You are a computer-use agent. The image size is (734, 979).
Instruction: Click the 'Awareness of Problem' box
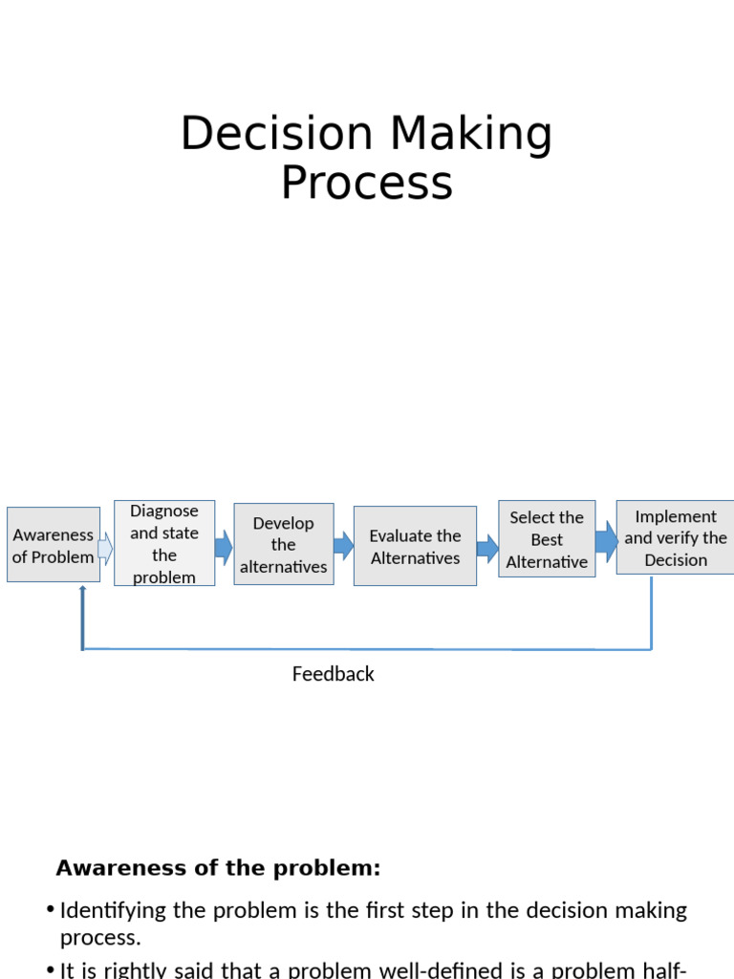click(54, 545)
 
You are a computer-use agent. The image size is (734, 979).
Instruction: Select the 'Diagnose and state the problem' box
click(164, 543)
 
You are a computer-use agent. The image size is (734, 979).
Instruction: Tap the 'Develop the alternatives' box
click(284, 544)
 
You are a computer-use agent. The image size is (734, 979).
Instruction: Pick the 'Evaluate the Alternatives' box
click(415, 546)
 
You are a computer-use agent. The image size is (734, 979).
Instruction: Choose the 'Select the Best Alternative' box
click(547, 539)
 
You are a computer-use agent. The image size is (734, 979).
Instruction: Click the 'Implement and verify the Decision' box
click(676, 537)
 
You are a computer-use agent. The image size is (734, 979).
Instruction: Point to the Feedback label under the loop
click(333, 674)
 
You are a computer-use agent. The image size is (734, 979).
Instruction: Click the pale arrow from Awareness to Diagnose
click(105, 549)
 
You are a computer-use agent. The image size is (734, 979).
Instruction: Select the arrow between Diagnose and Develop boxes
click(224, 547)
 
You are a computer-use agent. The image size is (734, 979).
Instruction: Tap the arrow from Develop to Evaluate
click(343, 547)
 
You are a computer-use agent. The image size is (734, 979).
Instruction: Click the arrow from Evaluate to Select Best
click(487, 548)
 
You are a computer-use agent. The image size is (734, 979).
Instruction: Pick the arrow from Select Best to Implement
click(606, 541)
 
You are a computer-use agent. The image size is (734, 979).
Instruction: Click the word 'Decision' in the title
click(277, 134)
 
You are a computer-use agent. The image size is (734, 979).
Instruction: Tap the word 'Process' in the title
click(367, 183)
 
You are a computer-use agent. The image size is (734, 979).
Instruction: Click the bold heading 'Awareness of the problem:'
click(218, 868)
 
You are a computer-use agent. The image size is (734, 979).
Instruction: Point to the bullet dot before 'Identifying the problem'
click(50, 909)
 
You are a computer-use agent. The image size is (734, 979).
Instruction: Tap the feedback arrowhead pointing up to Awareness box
click(83, 591)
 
